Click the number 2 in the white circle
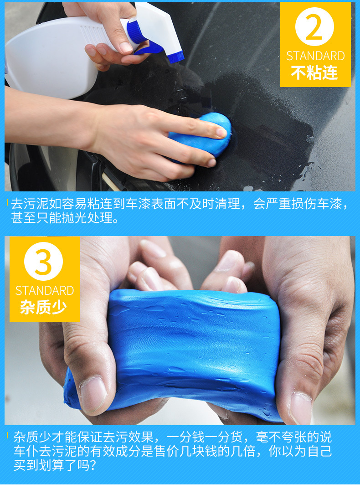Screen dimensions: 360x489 click(x=314, y=27)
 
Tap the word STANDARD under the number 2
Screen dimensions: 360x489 click(x=315, y=56)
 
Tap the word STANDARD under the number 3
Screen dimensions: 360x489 click(x=45, y=291)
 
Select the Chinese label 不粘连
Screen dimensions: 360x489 click(x=314, y=73)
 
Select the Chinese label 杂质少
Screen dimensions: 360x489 click(x=43, y=307)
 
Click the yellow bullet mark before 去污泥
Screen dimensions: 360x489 click(x=8, y=203)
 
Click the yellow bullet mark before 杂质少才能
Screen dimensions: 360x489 click(x=8, y=435)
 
